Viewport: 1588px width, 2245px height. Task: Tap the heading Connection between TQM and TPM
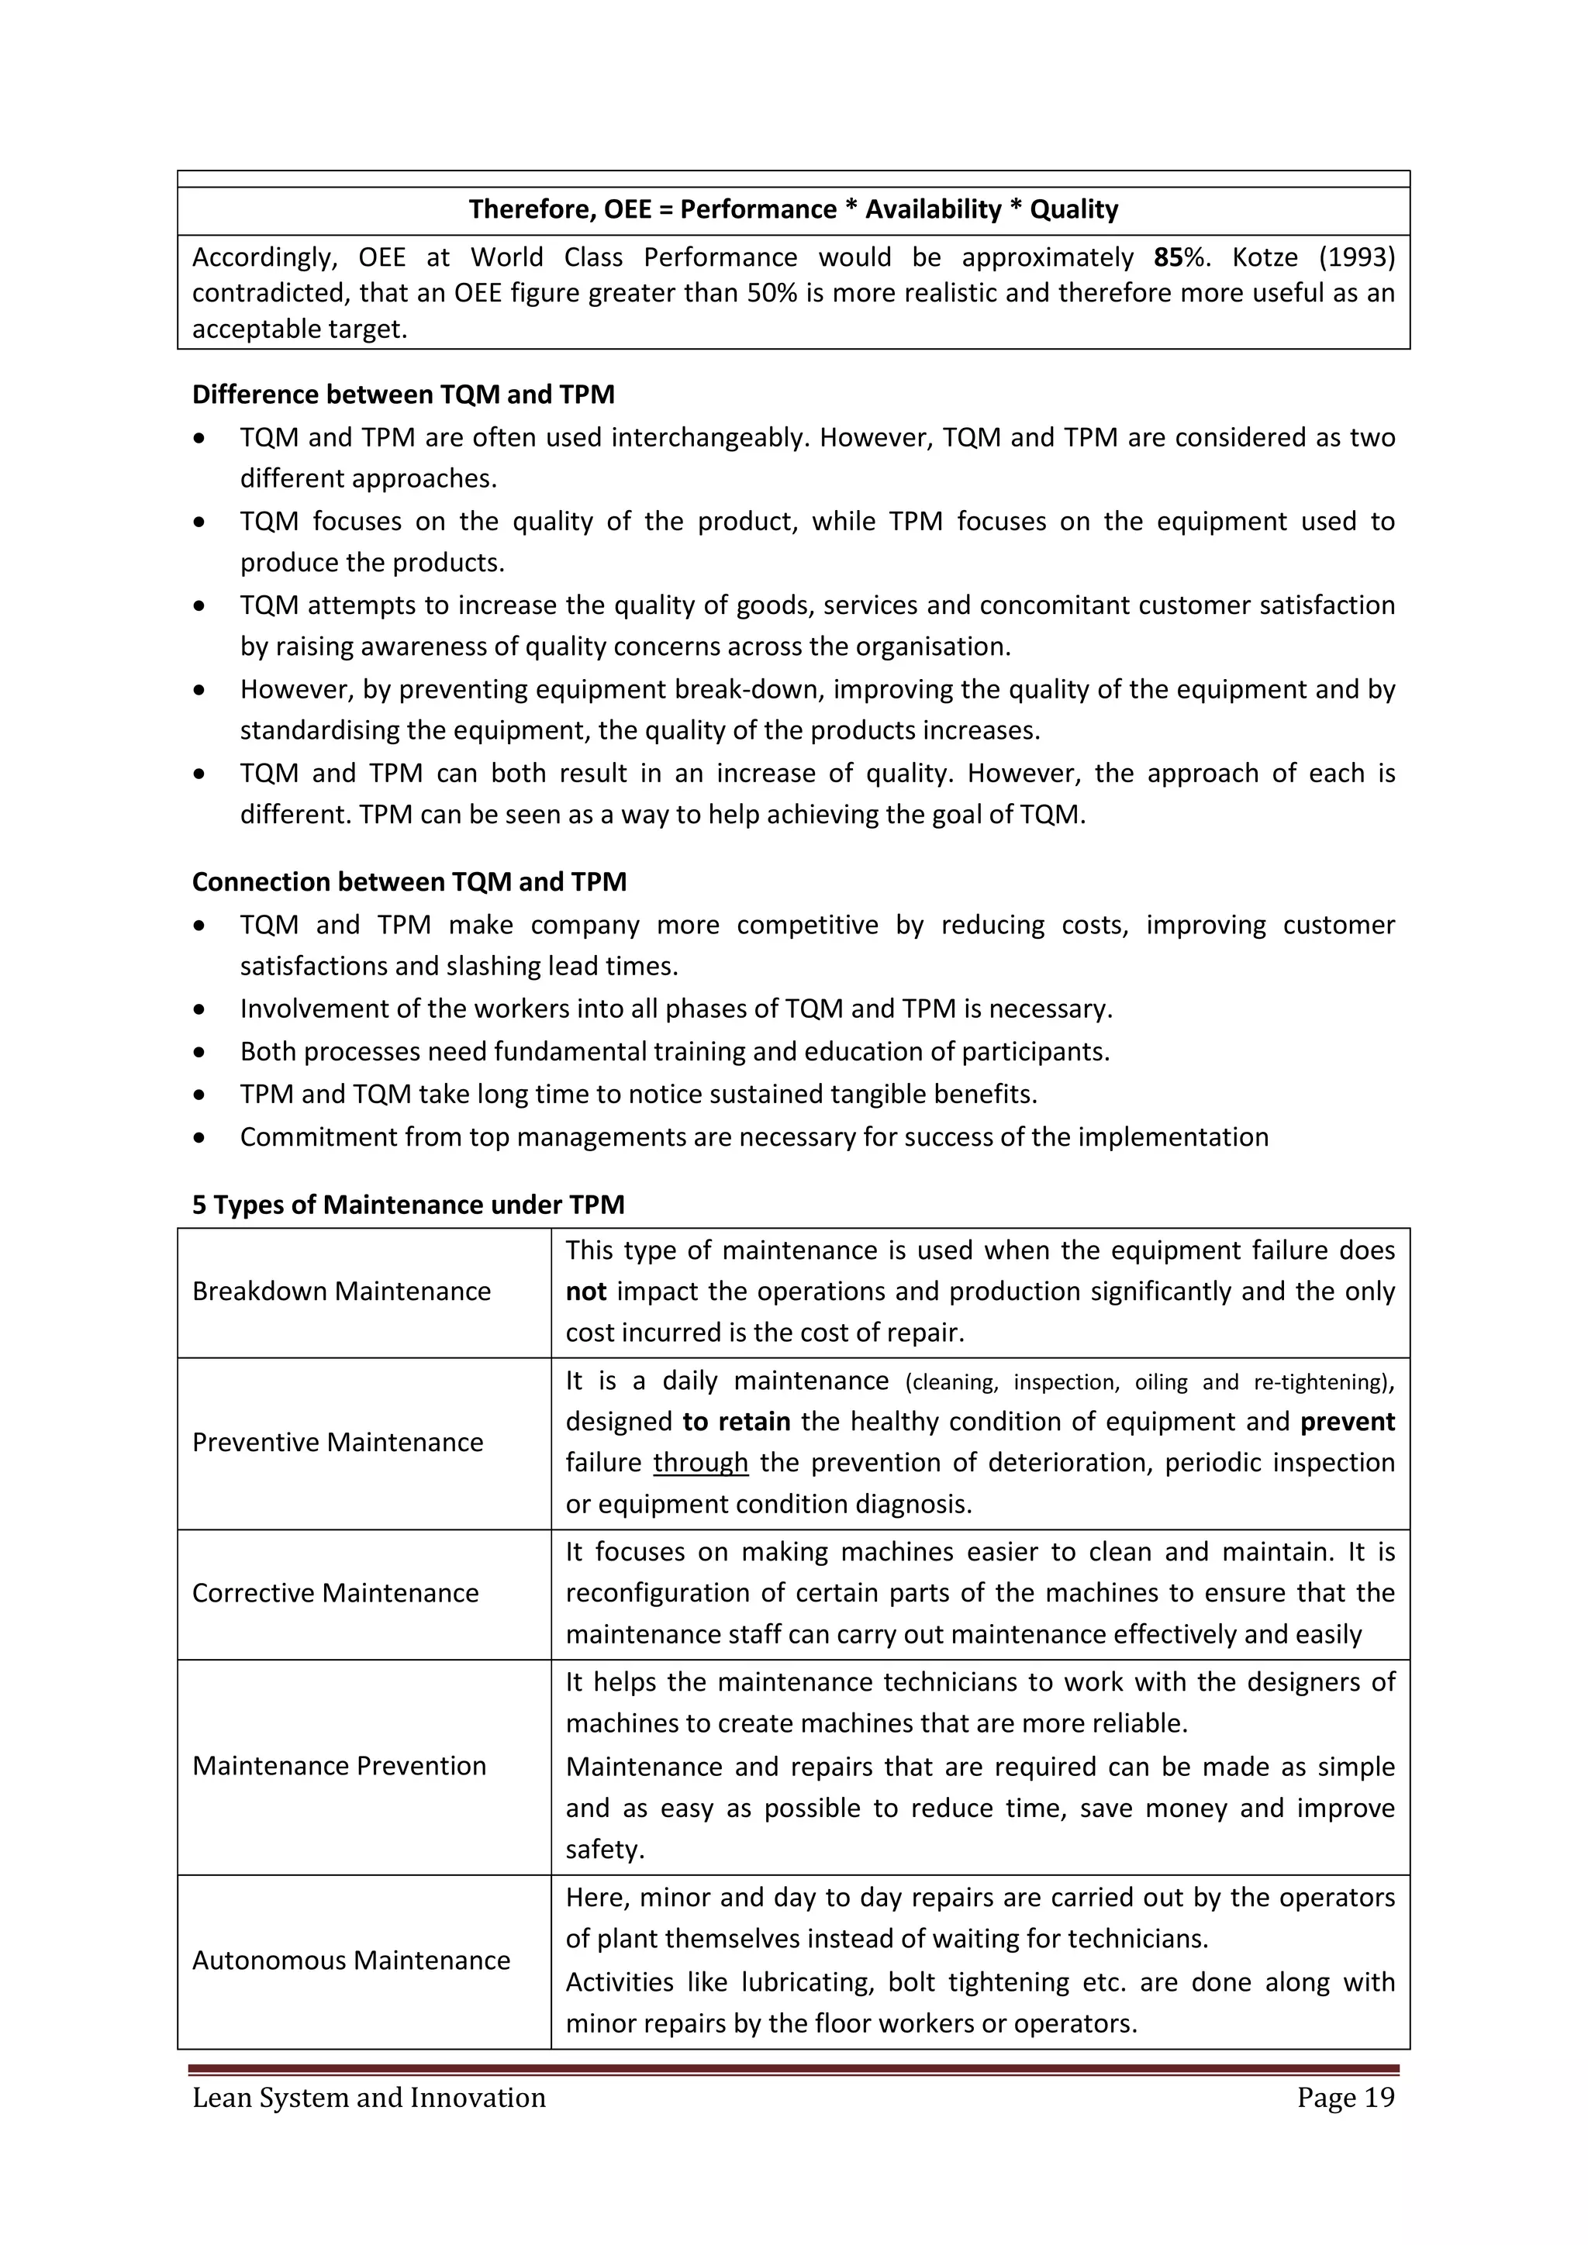pyautogui.click(x=409, y=882)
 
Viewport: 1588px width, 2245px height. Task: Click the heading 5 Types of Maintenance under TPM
pyautogui.click(x=408, y=1205)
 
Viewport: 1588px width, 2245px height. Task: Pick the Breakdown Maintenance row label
pyautogui.click(x=341, y=1291)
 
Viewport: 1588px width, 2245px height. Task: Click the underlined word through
pyautogui.click(x=700, y=1463)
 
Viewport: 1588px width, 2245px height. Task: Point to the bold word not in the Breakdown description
pyautogui.click(x=585, y=1291)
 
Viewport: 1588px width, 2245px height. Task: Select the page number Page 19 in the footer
pyautogui.click(x=1345, y=2098)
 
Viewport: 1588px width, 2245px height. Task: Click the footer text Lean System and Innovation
pyautogui.click(x=368, y=2098)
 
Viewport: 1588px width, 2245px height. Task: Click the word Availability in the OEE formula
pyautogui.click(x=933, y=209)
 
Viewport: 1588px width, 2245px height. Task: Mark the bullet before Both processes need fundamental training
pyautogui.click(x=199, y=1053)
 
